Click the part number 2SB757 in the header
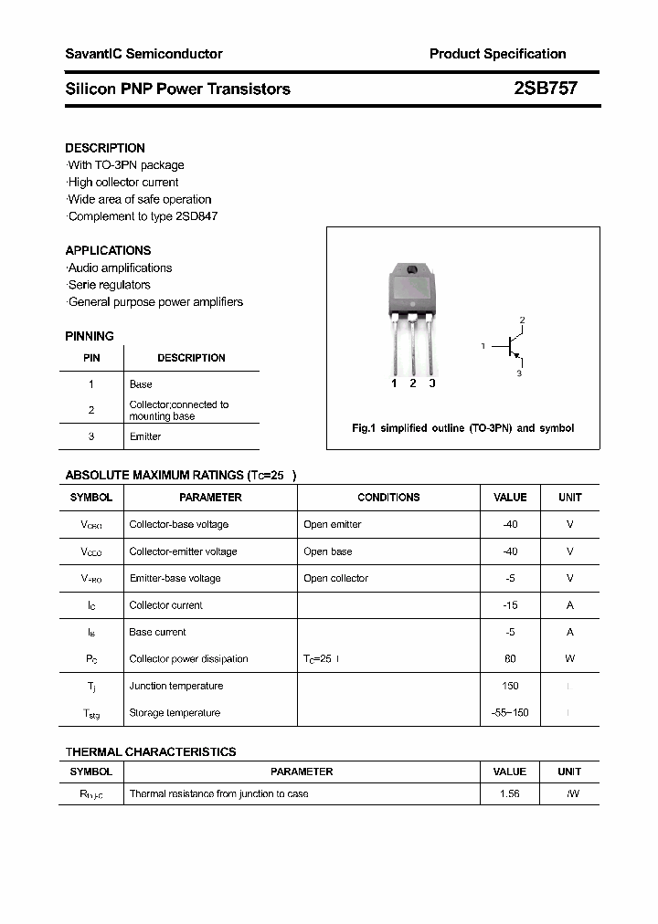[545, 89]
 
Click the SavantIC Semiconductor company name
[143, 54]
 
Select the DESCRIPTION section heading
[105, 148]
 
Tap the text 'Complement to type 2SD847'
[143, 216]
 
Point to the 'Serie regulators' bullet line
[110, 285]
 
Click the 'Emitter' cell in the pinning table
[145, 436]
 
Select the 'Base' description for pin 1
[141, 384]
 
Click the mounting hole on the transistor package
[412, 269]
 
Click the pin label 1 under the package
[394, 383]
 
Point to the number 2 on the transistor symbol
[522, 320]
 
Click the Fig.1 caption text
[462, 428]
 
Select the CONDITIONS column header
[388, 498]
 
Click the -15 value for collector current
[510, 605]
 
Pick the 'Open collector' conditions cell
[336, 578]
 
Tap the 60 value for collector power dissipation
[510, 659]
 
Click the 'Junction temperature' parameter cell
[176, 686]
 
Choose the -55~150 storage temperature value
[510, 713]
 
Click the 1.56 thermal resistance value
[510, 794]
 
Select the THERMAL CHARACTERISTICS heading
[151, 751]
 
